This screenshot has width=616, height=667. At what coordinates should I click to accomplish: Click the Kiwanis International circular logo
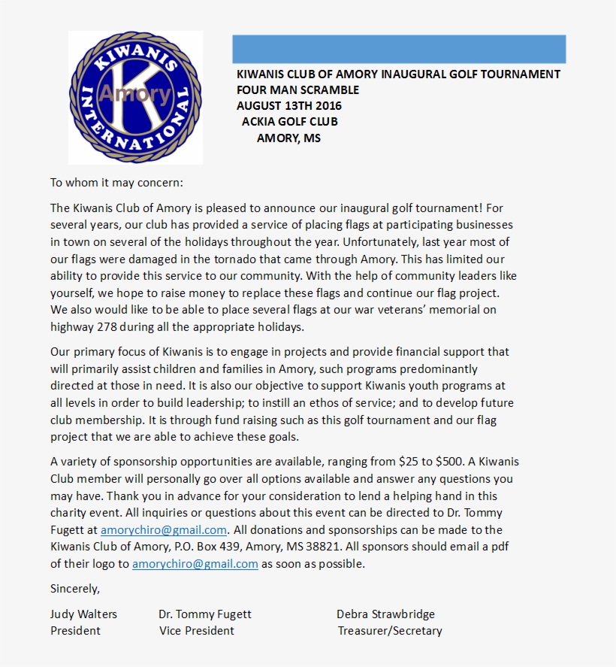tap(135, 97)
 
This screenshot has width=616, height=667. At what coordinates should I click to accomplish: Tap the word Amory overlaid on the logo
tap(135, 94)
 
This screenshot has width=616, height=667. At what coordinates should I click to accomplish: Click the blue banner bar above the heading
tap(399, 49)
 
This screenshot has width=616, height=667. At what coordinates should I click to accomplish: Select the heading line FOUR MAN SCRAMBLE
tap(297, 90)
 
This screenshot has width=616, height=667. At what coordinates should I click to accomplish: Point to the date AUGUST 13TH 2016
tap(288, 106)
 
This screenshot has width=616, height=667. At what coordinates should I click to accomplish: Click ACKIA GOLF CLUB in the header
tap(289, 122)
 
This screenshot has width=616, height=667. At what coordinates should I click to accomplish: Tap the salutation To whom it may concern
tap(116, 183)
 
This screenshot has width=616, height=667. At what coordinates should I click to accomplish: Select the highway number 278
tap(107, 327)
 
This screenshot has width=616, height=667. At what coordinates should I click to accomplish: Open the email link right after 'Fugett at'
tap(164, 530)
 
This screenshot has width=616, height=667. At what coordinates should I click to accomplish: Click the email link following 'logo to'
tap(195, 564)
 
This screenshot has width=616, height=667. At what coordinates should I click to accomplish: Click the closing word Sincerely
tap(74, 588)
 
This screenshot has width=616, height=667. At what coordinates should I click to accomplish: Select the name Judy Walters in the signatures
tap(83, 614)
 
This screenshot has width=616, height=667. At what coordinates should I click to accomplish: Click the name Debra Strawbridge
tap(385, 614)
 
